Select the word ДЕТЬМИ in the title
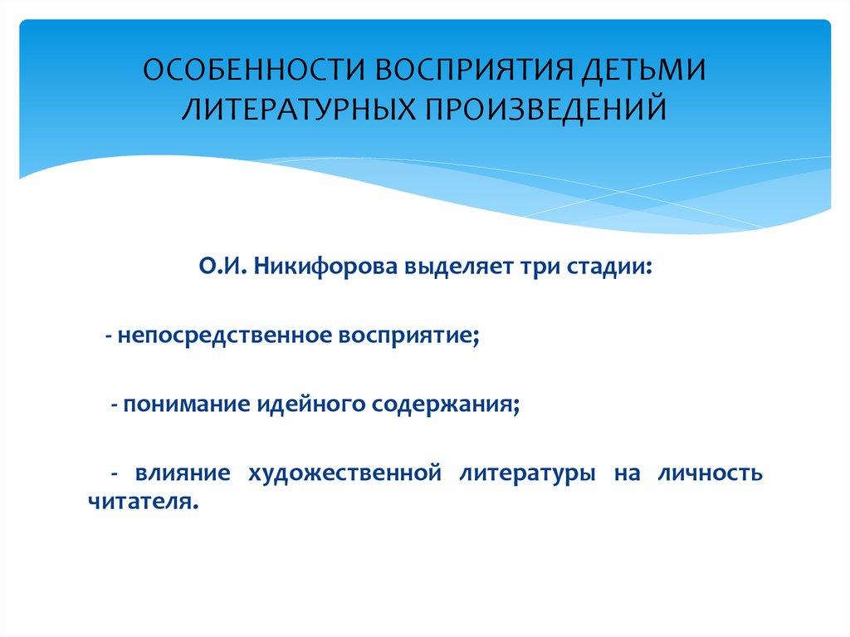point(644,71)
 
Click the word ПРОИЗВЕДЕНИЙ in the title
point(546,107)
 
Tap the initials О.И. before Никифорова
point(222,267)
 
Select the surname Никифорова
point(325,267)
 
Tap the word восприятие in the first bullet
point(409,336)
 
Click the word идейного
point(310,404)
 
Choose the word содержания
point(446,404)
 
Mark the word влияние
point(183,473)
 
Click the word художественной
point(344,473)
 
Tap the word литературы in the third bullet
point(527,474)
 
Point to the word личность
point(711,473)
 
